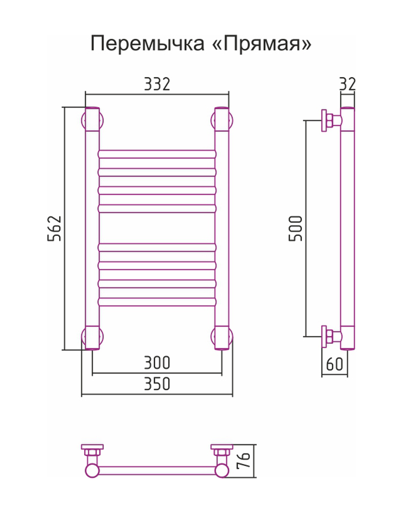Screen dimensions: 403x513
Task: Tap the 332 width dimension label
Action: [157, 84]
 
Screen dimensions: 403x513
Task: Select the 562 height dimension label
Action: [54, 228]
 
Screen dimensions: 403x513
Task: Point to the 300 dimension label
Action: [157, 363]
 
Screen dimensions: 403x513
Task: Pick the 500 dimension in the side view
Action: [295, 228]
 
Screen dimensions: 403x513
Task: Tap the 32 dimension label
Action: [347, 84]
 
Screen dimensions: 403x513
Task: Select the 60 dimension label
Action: [334, 364]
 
